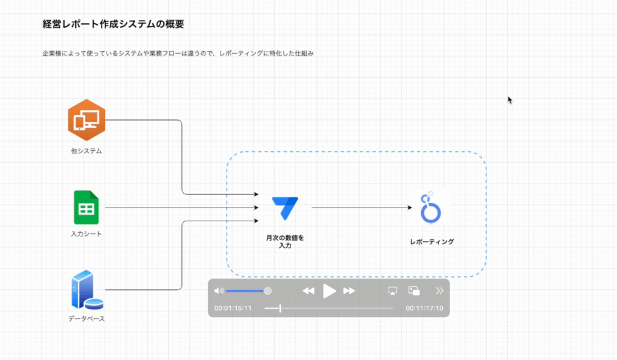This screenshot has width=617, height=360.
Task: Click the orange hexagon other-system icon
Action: [86, 120]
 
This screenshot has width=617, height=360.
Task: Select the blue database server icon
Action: [85, 290]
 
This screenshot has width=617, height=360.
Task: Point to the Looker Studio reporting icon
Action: [431, 207]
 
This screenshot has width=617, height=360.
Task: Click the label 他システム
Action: [86, 151]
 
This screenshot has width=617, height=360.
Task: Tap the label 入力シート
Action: [86, 234]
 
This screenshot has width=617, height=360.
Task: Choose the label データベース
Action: [86, 318]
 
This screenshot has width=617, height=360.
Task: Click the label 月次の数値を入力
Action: [285, 242]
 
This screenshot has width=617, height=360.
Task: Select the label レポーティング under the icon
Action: [431, 242]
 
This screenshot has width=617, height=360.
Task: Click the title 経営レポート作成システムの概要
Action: [113, 25]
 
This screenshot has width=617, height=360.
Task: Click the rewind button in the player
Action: [308, 291]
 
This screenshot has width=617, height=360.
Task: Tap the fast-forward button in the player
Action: [349, 291]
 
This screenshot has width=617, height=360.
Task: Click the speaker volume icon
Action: [219, 291]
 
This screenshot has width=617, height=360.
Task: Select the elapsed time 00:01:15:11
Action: [233, 309]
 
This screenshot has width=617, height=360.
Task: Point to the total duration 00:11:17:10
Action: [424, 309]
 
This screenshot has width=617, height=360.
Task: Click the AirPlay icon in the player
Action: [393, 291]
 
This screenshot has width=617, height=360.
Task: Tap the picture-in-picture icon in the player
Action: [414, 291]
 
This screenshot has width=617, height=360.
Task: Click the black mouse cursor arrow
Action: [510, 100]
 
